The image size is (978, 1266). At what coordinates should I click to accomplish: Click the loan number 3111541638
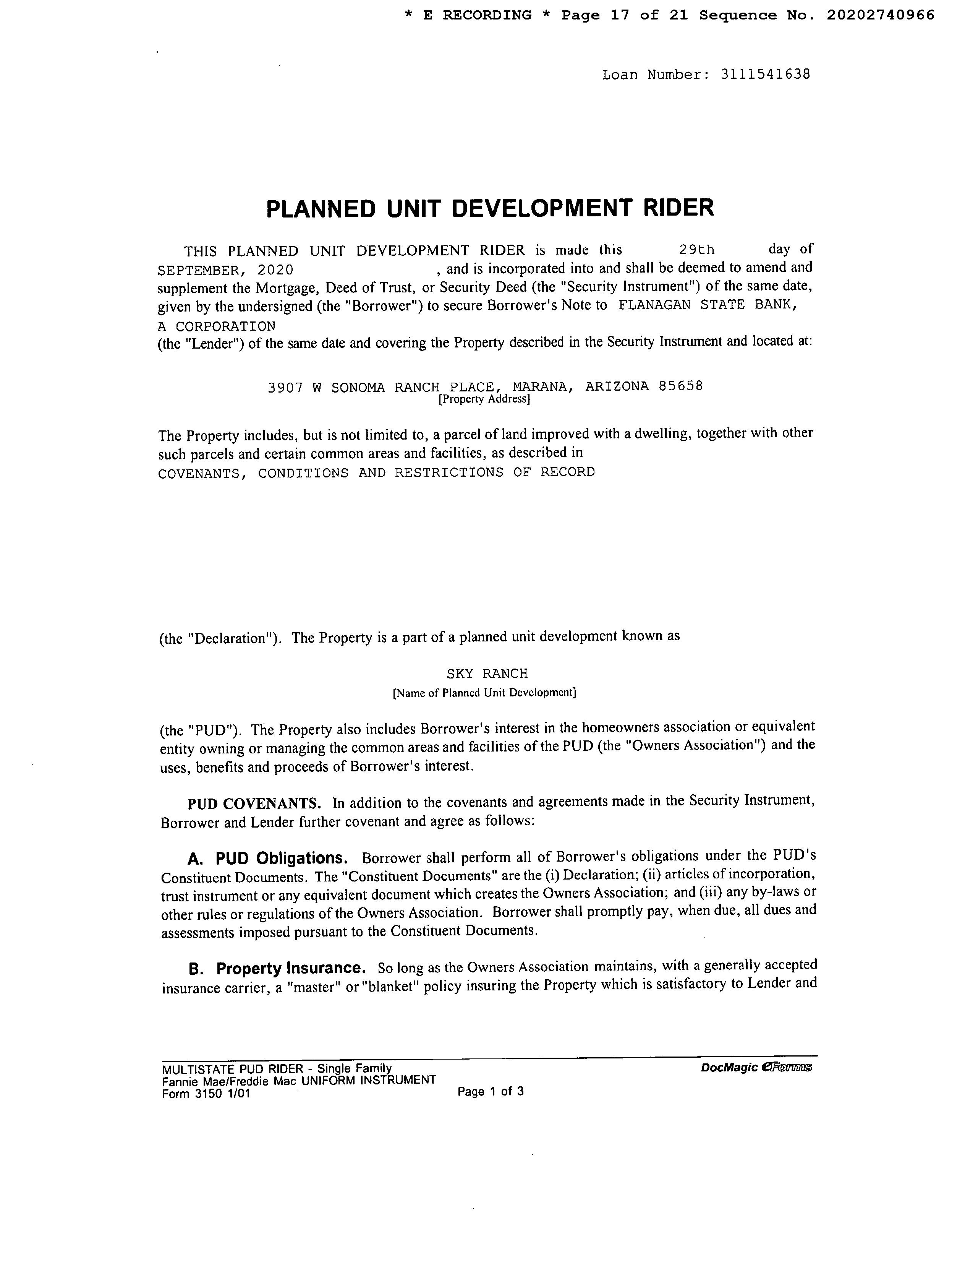[x=765, y=74]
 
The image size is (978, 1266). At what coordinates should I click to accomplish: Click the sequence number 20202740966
[x=880, y=15]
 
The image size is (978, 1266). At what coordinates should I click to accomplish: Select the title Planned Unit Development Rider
[x=490, y=208]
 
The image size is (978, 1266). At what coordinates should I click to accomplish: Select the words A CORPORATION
[x=217, y=326]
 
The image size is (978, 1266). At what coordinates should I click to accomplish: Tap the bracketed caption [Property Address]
[x=484, y=399]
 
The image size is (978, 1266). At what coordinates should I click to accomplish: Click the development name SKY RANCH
[x=487, y=674]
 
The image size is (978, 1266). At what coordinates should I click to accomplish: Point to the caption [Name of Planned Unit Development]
[x=484, y=693]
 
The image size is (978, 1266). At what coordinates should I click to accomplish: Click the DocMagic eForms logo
[x=756, y=1067]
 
